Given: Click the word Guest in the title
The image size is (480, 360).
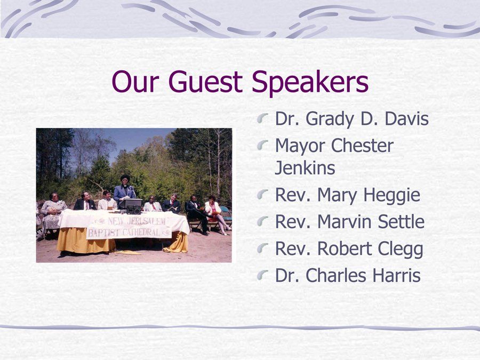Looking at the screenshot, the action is click(205, 82).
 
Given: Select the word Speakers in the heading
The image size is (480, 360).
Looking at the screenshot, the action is click(310, 83).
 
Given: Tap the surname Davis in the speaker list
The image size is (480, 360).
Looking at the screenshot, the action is click(406, 118).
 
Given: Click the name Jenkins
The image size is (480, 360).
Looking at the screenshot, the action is click(305, 168).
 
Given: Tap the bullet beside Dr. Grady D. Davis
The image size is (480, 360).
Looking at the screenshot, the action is click(262, 118).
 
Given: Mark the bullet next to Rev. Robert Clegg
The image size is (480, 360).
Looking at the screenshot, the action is click(262, 248).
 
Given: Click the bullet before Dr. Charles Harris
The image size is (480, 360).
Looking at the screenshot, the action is click(262, 275).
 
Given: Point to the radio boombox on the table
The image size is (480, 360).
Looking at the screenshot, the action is click(133, 210).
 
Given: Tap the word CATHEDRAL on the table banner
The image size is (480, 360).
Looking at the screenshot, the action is click(141, 232).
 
